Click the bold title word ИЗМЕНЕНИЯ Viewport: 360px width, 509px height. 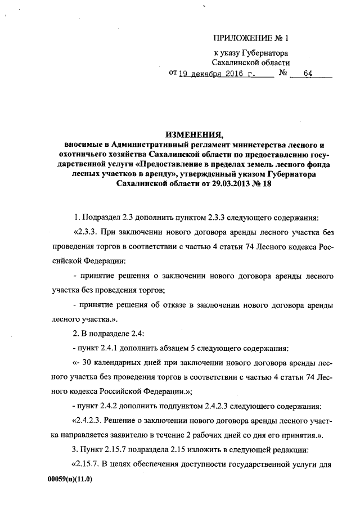click(x=194, y=134)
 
